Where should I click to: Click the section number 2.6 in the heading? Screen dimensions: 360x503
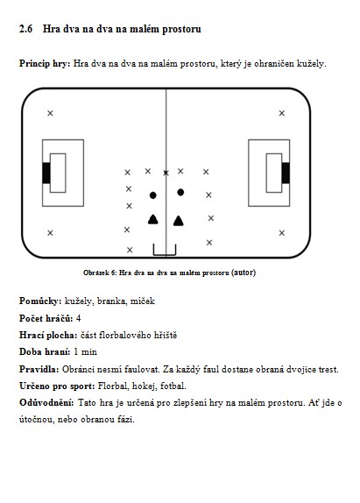click(x=26, y=29)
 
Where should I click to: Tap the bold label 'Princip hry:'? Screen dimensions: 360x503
click(x=45, y=63)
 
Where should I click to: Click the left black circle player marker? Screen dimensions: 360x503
click(x=153, y=195)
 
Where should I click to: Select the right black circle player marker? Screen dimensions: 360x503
click(x=180, y=192)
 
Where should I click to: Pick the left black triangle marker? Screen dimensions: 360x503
click(x=153, y=219)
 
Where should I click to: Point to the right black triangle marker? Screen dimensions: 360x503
click(x=178, y=221)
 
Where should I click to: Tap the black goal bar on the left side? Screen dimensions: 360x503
click(x=46, y=173)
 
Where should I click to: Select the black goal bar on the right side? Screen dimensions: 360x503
click(x=286, y=173)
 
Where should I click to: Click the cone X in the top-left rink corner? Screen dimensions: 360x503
click(x=50, y=113)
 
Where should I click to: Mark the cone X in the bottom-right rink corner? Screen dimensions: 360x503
click(x=282, y=233)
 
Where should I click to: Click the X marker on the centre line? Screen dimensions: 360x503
click(x=166, y=173)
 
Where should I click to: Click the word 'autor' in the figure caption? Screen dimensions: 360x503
click(x=244, y=273)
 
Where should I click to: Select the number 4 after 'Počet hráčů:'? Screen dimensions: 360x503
click(x=78, y=318)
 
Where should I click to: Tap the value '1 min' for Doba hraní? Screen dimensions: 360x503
click(x=85, y=352)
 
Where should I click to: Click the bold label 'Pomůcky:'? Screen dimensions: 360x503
click(x=40, y=301)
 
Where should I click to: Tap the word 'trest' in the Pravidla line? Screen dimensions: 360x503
click(x=328, y=369)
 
